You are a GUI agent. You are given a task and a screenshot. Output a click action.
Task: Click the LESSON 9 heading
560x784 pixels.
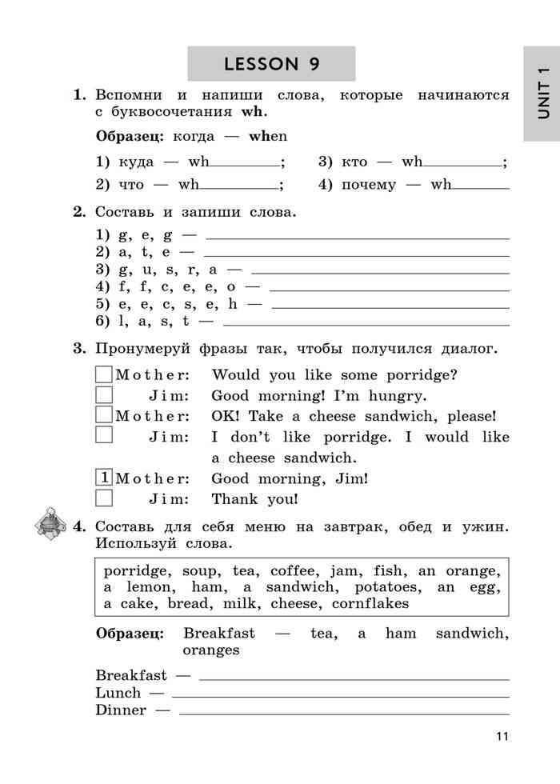click(x=271, y=64)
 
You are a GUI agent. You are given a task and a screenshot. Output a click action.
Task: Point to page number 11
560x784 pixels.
click(x=501, y=737)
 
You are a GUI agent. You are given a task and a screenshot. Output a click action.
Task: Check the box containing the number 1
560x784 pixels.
click(x=104, y=478)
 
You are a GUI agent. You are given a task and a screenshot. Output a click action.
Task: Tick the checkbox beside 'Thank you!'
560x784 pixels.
click(x=104, y=498)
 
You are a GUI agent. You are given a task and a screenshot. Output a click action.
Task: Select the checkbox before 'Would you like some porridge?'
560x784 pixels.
click(x=104, y=374)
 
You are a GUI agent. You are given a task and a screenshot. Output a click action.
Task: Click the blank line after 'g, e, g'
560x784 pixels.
click(x=357, y=238)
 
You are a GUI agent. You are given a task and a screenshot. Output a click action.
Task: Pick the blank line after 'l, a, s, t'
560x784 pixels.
click(x=366, y=324)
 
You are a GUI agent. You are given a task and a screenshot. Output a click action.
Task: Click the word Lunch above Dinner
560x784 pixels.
click(x=118, y=693)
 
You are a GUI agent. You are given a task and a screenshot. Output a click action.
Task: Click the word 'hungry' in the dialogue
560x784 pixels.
click(x=398, y=395)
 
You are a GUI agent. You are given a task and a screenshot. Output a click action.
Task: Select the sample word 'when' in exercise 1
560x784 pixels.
click(x=268, y=137)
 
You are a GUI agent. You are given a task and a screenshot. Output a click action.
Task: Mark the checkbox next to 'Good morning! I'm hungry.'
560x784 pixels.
click(x=104, y=394)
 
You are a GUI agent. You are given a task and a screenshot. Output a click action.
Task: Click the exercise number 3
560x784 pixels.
click(x=78, y=348)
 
